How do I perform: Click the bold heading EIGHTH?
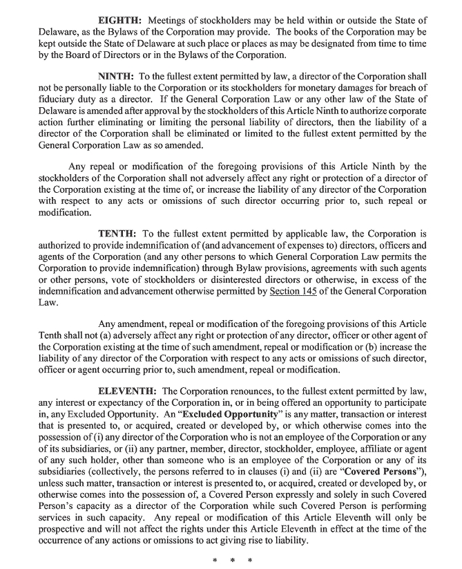click(x=122, y=21)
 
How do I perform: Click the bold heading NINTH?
click(x=118, y=75)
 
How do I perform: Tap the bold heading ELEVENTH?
click(x=128, y=391)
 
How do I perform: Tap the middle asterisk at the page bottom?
click(x=231, y=559)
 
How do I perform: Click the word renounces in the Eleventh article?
click(x=240, y=391)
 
